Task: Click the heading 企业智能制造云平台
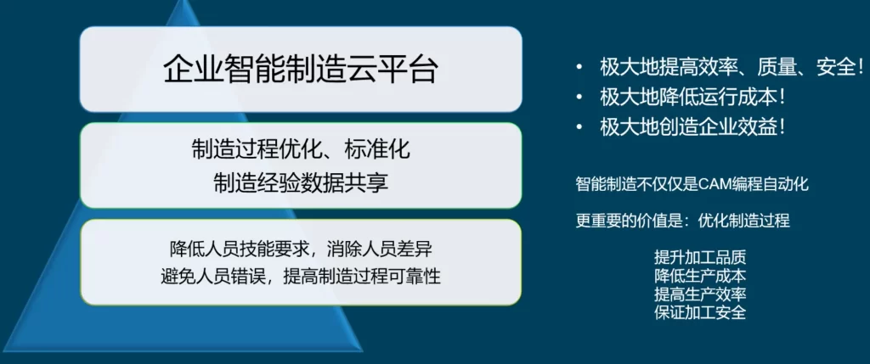(x=301, y=70)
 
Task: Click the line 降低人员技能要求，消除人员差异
(x=301, y=249)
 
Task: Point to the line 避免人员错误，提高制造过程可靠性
(x=301, y=276)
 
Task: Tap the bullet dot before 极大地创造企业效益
(x=579, y=128)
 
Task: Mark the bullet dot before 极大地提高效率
(x=579, y=68)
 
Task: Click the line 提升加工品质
(x=700, y=258)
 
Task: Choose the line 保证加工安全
(x=700, y=312)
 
